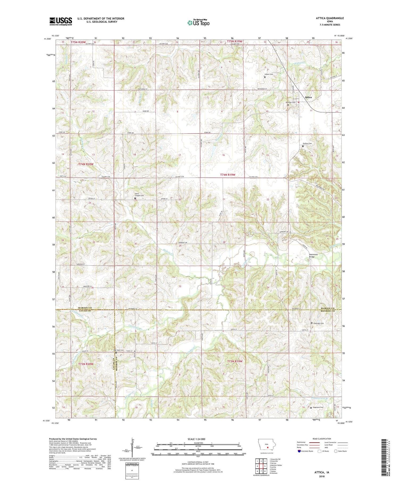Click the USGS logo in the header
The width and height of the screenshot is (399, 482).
tap(61, 21)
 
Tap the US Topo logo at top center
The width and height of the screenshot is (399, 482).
tap(198, 23)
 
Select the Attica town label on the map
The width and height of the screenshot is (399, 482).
tap(308, 97)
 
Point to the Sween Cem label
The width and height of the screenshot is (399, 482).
tap(269, 74)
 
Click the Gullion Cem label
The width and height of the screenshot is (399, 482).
tap(307, 144)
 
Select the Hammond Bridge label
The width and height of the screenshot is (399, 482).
tap(313, 255)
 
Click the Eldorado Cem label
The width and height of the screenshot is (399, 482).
tap(318, 323)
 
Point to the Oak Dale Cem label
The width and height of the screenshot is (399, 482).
tap(119, 350)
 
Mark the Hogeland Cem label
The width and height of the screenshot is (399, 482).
tap(318, 407)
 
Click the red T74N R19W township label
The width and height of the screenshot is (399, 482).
tap(228, 175)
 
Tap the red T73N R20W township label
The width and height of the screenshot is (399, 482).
tap(86, 364)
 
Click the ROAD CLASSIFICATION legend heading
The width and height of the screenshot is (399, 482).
tap(322, 439)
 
